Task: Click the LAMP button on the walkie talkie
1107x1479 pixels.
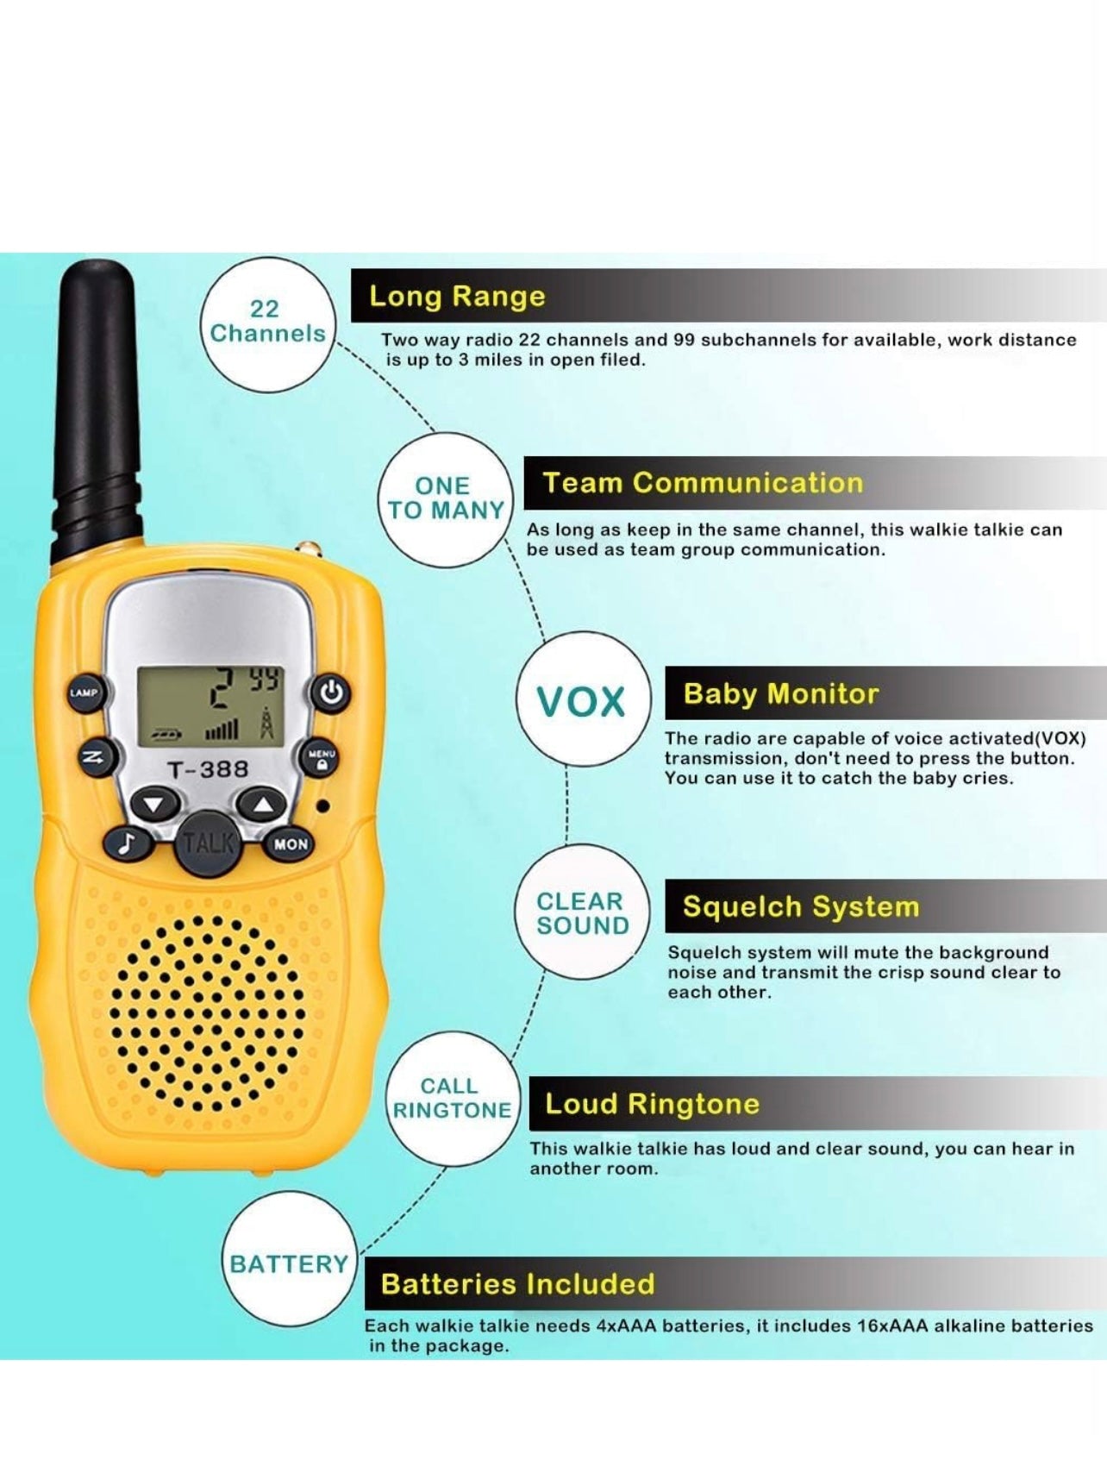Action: point(84,692)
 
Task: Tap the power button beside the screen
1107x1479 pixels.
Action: point(332,692)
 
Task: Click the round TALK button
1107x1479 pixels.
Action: point(208,843)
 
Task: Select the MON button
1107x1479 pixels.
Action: point(291,844)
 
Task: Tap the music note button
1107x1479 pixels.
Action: point(128,843)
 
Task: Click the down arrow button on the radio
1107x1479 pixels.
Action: point(154,805)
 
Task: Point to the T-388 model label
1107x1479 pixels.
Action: point(208,768)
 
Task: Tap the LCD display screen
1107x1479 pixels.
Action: point(209,705)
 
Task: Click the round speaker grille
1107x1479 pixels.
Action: point(206,1014)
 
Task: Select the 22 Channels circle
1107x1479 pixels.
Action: point(267,322)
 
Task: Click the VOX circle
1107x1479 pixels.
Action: point(582,701)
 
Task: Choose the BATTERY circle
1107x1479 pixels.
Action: point(289,1263)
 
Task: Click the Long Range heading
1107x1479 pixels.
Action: point(458,296)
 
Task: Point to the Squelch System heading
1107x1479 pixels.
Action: point(801,906)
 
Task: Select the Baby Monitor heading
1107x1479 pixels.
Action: point(781,693)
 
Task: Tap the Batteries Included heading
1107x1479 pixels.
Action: point(518,1283)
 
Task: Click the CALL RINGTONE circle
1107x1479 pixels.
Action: point(452,1098)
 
